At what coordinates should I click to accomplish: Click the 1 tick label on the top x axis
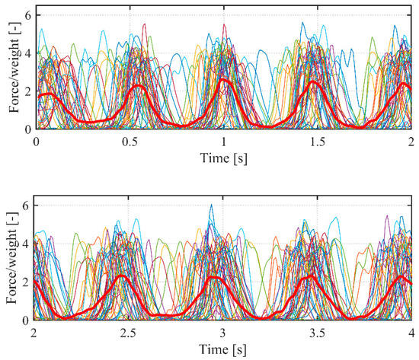coord(223,142)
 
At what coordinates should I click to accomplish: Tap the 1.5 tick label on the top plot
coord(317,142)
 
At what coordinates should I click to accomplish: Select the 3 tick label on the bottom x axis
coord(223,333)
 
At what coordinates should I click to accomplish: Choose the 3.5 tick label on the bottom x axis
coord(317,333)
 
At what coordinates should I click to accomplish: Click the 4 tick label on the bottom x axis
coord(411,333)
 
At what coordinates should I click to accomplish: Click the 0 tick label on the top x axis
coord(36,142)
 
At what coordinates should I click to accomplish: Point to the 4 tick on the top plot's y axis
coord(27,53)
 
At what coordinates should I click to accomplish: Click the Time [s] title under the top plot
coord(223,159)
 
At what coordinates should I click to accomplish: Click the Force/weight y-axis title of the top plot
coord(13,72)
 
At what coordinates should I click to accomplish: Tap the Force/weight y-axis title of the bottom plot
coord(13,263)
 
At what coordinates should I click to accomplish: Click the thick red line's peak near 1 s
coord(223,80)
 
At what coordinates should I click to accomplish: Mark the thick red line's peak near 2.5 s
coord(122,276)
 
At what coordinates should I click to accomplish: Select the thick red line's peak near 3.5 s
coord(311,276)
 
